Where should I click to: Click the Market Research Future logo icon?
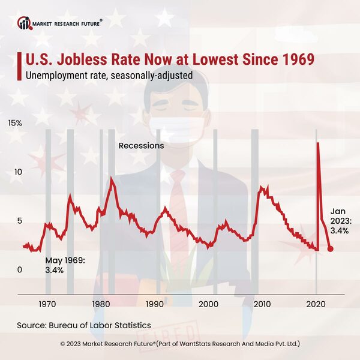tap(24, 23)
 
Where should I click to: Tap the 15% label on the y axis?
tap(14, 123)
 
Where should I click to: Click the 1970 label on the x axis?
tap(48, 304)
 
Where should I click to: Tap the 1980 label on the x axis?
tap(101, 304)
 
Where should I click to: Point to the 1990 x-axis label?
tap(155, 304)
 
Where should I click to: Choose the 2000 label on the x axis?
tap(209, 304)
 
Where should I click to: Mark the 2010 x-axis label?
tap(262, 304)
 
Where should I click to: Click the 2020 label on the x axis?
tap(316, 304)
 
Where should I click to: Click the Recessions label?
tap(141, 146)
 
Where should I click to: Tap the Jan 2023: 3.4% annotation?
tap(340, 220)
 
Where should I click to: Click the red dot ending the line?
tap(331, 248)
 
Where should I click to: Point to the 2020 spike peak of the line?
tap(317, 143)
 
